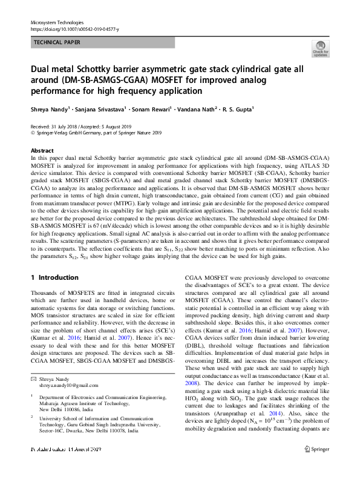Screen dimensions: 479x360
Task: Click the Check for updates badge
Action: click(319, 49)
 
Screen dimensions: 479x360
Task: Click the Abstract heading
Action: click(42, 150)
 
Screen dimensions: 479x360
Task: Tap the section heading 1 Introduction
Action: click(54, 278)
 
